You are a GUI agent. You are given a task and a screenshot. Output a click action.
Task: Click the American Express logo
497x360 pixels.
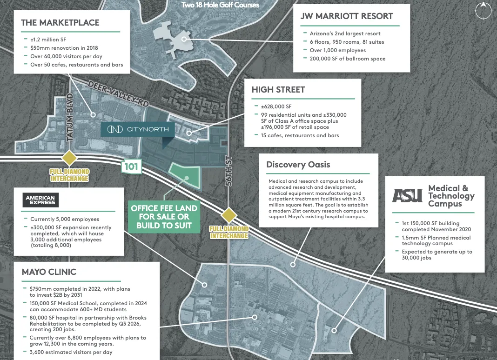coord(40,200)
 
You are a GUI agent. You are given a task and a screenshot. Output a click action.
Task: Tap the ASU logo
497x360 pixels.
coord(407,195)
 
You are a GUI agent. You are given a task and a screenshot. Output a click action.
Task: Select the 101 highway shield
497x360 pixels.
coord(131,167)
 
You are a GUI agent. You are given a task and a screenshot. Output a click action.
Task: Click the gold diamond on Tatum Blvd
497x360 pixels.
coord(69,158)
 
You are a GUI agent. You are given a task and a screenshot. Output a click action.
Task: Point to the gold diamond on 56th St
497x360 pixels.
coord(229,215)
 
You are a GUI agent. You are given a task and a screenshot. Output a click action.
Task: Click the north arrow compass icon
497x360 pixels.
coord(484,11)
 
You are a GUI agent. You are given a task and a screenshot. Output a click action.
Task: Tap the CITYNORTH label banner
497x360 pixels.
coord(138,129)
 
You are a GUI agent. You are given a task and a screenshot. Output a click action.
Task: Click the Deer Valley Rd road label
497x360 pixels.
coord(118,94)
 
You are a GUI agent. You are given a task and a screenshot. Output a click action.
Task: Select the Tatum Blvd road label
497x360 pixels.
coord(70,117)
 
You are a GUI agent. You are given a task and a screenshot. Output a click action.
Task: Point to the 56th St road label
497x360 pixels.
coord(229,171)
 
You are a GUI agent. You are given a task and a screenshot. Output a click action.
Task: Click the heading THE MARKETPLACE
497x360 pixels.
coord(60,22)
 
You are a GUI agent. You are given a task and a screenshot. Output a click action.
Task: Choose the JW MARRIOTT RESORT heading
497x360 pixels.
coord(346,16)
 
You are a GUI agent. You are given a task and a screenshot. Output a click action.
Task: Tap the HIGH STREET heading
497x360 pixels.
coord(278,90)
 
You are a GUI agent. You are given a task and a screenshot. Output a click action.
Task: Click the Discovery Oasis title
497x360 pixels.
coord(298,165)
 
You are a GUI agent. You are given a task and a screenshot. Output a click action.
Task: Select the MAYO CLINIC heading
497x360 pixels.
coord(49,272)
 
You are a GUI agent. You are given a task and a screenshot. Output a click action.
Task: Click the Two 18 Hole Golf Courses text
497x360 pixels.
coord(220,5)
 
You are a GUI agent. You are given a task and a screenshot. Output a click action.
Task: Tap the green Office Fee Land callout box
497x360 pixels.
coord(164,217)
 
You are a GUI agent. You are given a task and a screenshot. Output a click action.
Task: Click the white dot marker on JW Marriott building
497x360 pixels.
coord(184,39)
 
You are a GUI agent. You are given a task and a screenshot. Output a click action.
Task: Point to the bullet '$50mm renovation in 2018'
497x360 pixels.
coord(64,48)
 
